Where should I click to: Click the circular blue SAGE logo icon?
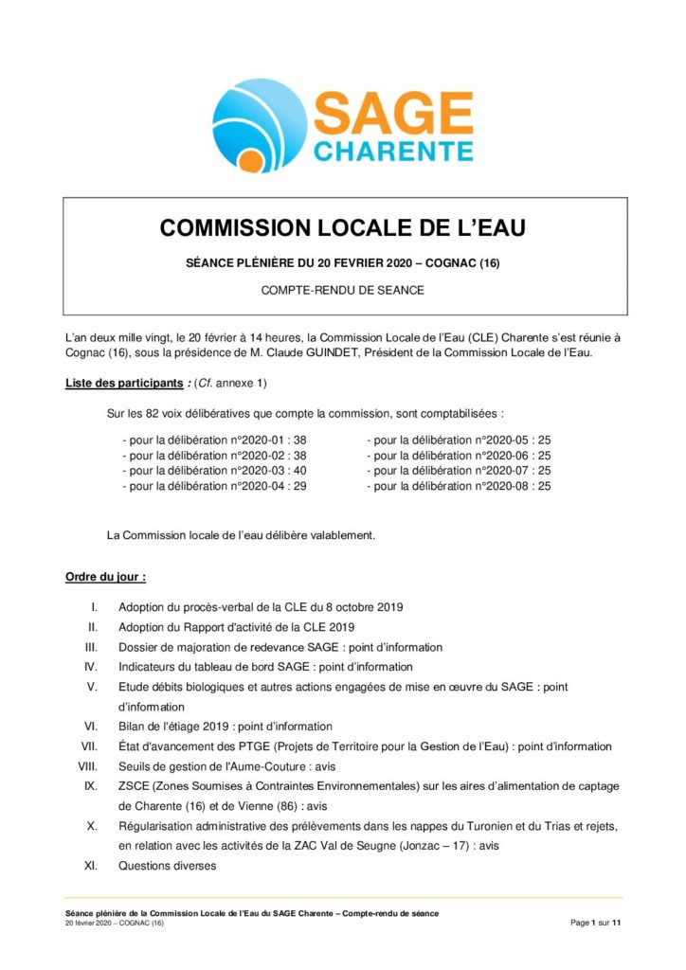click(x=257, y=124)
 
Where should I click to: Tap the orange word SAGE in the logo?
click(x=392, y=115)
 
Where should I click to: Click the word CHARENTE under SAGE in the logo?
click(x=392, y=152)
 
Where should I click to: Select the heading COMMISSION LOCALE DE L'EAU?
click(x=342, y=228)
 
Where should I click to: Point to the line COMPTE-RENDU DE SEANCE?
click(x=342, y=290)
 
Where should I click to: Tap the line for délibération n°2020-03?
click(x=214, y=470)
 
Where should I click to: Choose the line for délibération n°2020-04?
click(x=214, y=485)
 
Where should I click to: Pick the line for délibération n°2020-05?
click(x=459, y=440)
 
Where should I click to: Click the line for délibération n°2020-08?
click(x=459, y=485)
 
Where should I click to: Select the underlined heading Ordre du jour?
click(x=104, y=576)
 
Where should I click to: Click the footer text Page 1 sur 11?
click(x=596, y=922)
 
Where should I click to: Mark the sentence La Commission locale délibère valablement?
click(x=241, y=534)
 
